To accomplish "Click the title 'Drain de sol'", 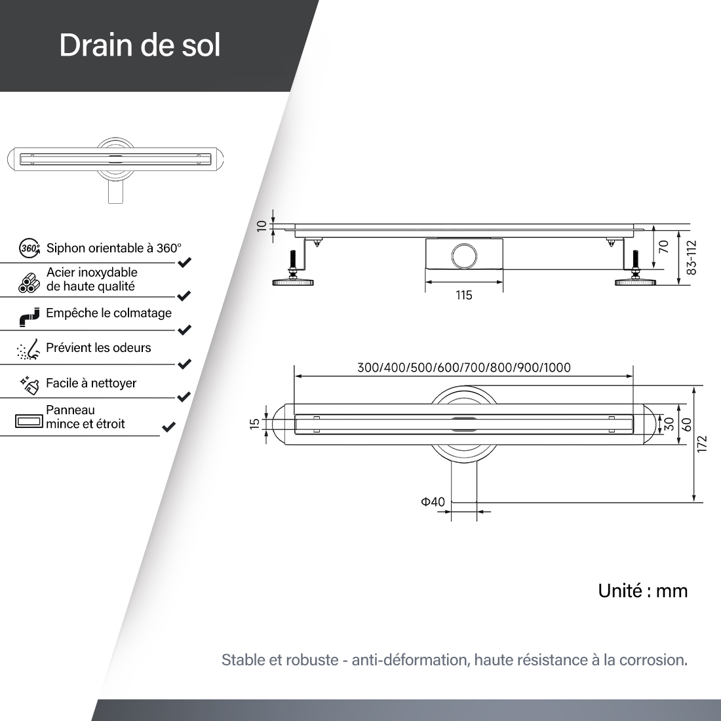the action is (x=140, y=45).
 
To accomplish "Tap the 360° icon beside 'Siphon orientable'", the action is (x=29, y=248).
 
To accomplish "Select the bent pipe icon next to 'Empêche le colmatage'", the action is (x=29, y=317).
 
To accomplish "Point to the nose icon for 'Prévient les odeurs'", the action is (x=28, y=349).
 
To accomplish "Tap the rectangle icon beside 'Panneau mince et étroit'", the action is (x=29, y=421).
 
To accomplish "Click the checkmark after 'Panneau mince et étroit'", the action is (x=169, y=427).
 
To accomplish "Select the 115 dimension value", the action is (x=464, y=295).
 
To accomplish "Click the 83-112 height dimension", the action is (x=692, y=258).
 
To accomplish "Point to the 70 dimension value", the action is (x=663, y=247).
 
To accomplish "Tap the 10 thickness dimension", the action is (x=261, y=225).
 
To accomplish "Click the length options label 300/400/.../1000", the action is (x=464, y=368).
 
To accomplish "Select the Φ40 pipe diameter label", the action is (x=433, y=501).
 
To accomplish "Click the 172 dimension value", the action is (x=702, y=444).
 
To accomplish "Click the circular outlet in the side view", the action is (x=465, y=255).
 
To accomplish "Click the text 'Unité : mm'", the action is (x=643, y=591).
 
